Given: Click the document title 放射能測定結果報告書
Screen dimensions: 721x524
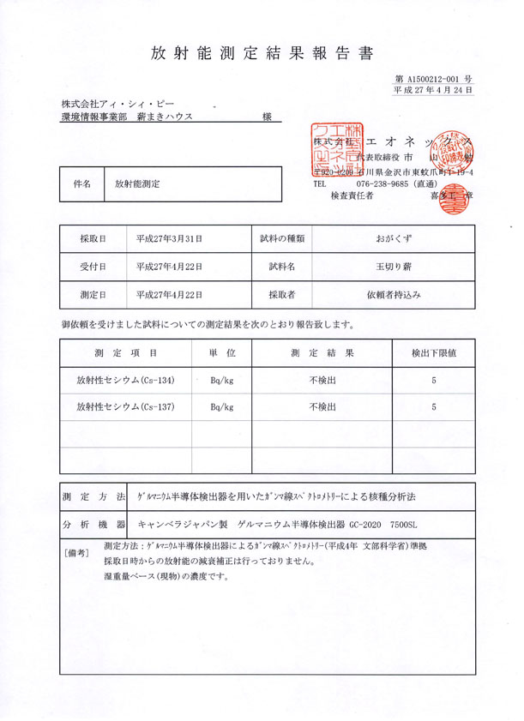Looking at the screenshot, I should point(262,53).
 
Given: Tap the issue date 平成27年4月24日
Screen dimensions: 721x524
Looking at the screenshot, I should point(433,89).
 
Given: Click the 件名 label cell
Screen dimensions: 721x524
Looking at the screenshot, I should point(81,183).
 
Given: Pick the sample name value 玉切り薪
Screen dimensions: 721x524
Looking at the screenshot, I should point(393,267).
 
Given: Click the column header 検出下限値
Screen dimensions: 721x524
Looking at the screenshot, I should point(434,352).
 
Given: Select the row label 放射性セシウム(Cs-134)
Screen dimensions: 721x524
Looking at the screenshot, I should point(125,380).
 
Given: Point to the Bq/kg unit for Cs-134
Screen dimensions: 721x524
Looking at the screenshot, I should point(221,380).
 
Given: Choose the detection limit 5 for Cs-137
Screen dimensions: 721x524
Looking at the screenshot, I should point(434,407).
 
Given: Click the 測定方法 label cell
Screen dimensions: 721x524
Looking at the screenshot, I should point(93,496).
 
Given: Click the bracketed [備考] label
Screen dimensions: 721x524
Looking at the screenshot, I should point(77,553).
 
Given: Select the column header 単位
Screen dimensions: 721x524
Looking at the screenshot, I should point(221,352).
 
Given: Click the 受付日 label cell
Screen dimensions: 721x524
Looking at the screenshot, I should point(93,267).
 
